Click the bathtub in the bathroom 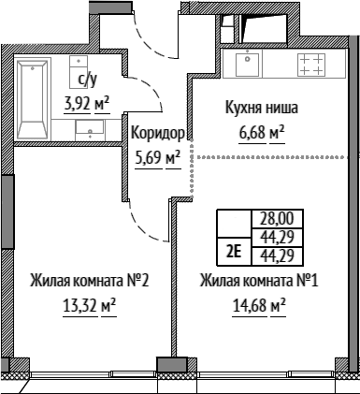(33, 100)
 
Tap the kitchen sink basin (247, 65)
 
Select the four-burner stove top (311, 65)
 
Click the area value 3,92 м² (87, 103)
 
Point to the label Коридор (158, 133)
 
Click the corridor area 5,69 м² (158, 158)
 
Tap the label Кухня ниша (262, 108)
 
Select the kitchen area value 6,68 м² (262, 134)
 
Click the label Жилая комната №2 (90, 281)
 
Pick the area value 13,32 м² (90, 306)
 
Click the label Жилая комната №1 (259, 281)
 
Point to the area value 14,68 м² (259, 306)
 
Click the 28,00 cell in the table (277, 219)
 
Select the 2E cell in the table (234, 252)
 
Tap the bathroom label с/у (87, 80)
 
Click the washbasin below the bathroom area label (90, 130)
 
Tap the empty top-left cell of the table (234, 224)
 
